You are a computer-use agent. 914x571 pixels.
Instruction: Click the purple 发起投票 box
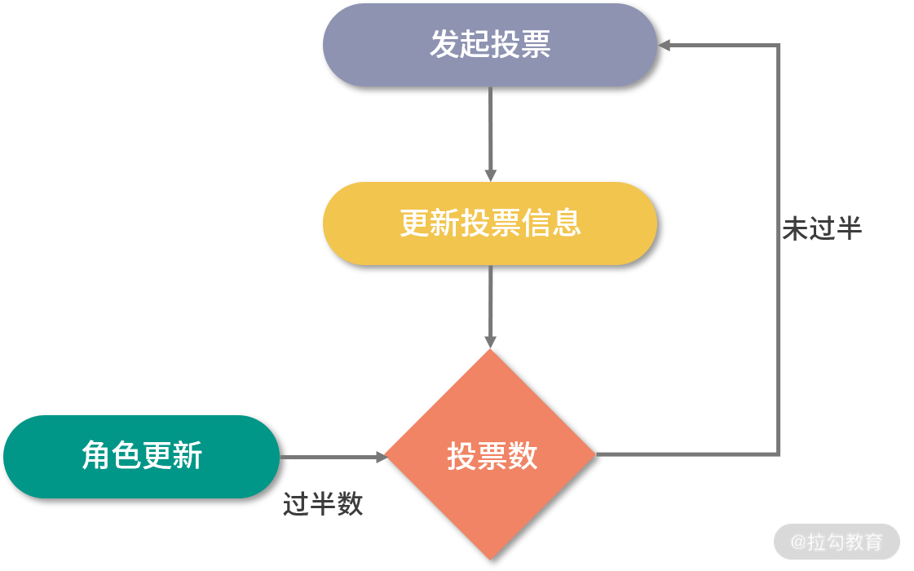coord(489,45)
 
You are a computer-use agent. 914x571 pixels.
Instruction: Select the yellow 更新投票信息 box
coord(489,224)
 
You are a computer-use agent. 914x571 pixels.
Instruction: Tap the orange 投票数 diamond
coord(490,454)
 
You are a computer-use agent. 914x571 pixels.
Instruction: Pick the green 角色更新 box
coord(141,456)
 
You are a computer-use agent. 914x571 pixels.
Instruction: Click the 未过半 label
coord(822,228)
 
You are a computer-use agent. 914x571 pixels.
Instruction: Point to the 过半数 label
coord(323,504)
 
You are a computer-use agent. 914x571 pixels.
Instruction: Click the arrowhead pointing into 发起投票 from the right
coord(665,45)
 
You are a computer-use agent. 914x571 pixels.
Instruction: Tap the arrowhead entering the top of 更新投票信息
coord(490,175)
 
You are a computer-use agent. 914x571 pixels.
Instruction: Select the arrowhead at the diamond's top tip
coord(490,342)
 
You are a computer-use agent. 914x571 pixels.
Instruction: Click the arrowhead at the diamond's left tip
coord(381,457)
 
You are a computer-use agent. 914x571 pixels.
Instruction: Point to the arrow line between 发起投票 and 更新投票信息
coord(490,131)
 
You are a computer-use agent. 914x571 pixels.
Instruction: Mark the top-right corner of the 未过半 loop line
coord(779,46)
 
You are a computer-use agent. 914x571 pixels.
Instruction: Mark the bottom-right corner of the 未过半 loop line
coord(779,454)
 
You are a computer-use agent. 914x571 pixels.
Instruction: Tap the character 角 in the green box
coord(96,456)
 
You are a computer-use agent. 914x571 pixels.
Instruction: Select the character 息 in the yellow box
coord(566,224)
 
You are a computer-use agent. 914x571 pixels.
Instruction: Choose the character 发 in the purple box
coord(444,45)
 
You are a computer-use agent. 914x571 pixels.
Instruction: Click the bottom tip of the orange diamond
coord(490,558)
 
